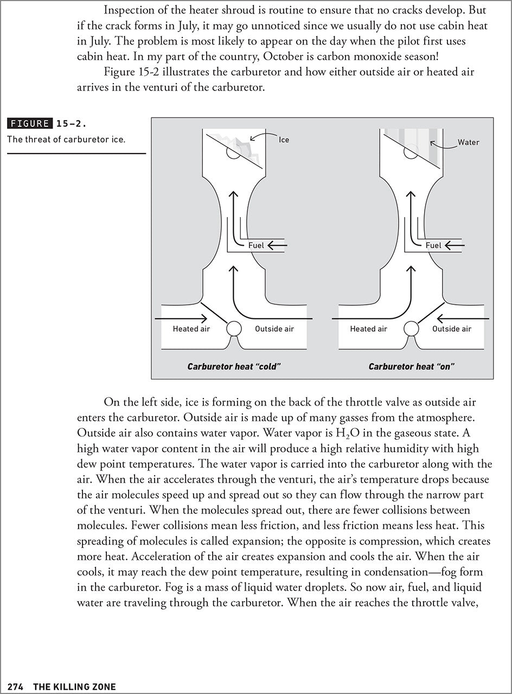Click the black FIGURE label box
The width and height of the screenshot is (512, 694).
point(30,123)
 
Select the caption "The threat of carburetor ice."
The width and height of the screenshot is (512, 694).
point(66,139)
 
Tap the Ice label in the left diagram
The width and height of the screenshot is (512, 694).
point(284,140)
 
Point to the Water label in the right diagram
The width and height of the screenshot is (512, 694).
point(469,143)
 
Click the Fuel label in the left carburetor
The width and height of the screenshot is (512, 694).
point(255,246)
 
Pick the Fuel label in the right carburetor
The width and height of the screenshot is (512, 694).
point(433,246)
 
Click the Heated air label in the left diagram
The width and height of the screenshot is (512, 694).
point(191,329)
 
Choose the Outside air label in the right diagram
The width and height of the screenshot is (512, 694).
point(452,329)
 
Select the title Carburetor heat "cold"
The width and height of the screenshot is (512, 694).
point(233,367)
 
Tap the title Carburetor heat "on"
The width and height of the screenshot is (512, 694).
point(411,367)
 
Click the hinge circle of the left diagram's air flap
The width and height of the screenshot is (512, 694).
point(234,328)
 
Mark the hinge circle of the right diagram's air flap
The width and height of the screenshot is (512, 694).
point(411,328)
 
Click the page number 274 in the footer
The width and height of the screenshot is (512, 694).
point(15,686)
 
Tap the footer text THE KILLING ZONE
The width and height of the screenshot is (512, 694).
point(74,686)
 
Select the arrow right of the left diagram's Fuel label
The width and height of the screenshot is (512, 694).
point(277,246)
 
